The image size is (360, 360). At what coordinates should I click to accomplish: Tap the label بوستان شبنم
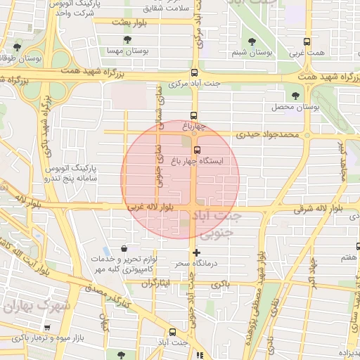[x=252, y=53]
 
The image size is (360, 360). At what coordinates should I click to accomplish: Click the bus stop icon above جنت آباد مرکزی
[x=194, y=72]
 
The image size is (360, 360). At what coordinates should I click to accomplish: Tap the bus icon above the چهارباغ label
[x=194, y=115]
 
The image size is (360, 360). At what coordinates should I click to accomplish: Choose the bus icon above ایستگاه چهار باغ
[x=197, y=149]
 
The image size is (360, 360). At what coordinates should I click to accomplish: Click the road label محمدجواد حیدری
[x=267, y=134]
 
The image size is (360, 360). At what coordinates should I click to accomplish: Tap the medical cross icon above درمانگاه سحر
[x=195, y=252]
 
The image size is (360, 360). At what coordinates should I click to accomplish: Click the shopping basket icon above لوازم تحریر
[x=124, y=247]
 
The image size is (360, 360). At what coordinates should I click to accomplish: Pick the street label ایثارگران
[x=156, y=284]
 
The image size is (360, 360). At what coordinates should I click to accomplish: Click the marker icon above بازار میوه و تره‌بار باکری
[x=46, y=327]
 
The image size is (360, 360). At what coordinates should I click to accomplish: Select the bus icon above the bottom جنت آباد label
[x=172, y=331]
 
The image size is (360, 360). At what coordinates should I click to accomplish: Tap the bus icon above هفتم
[x=357, y=247]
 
